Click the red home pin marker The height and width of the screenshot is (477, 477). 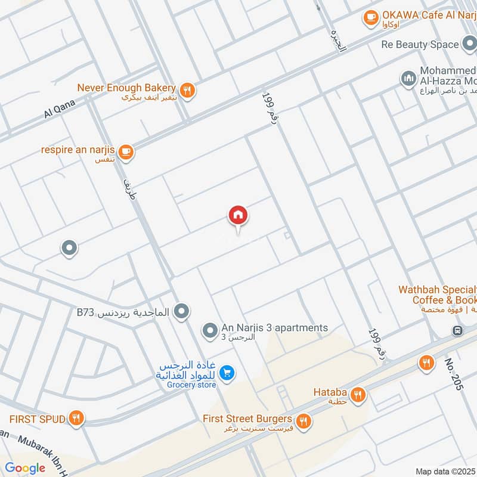tap(238, 216)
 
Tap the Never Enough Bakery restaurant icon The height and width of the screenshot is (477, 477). tap(187, 90)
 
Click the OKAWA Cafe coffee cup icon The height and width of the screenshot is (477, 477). tap(371, 18)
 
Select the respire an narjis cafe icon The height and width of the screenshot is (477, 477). tap(125, 152)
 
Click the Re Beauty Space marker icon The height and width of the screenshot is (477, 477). tap(469, 44)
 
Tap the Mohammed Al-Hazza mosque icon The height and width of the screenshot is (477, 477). tap(408, 79)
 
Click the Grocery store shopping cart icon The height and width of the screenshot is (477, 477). tap(227, 373)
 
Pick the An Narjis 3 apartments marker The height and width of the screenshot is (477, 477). tap(209, 329)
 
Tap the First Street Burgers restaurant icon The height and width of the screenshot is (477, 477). tap(303, 422)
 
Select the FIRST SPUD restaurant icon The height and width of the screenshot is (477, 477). tap(76, 419)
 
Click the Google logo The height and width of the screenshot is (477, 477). tap(25, 468)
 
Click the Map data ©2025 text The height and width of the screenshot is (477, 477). tap(445, 471)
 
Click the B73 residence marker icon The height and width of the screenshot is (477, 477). tap(182, 311)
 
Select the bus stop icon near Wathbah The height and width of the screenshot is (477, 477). tap(457, 330)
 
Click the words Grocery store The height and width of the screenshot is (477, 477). tap(191, 385)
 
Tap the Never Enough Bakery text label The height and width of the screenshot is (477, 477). tap(126, 88)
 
